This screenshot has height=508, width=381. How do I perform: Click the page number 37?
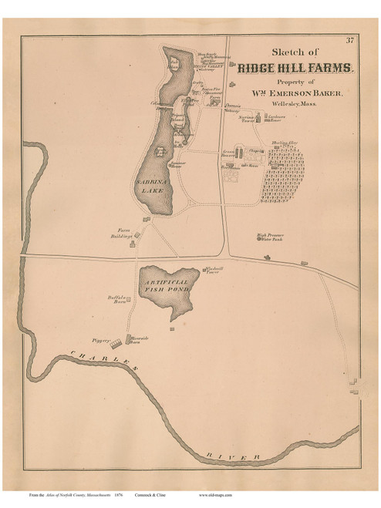click(x=349, y=41)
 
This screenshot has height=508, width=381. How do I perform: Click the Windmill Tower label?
click(x=214, y=271)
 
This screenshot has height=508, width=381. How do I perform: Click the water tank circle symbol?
click(x=267, y=257)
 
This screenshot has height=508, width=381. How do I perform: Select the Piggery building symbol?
click(x=115, y=342)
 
